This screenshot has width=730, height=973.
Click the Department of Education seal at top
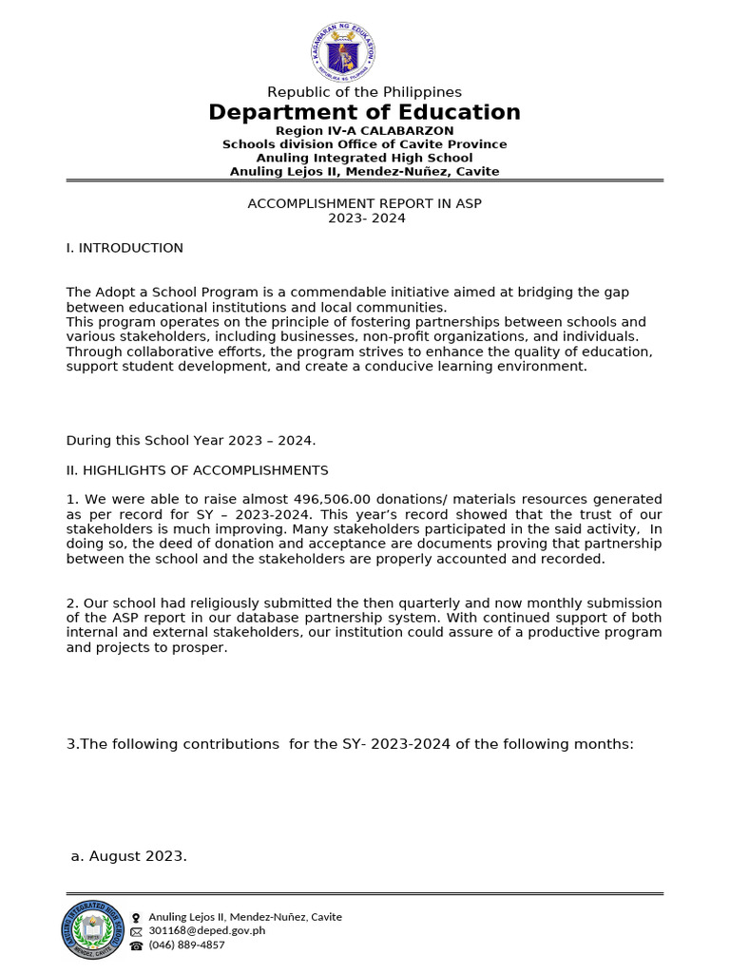[x=342, y=52]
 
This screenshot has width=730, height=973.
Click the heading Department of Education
[x=364, y=112]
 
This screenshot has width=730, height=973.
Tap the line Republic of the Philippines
[x=364, y=92]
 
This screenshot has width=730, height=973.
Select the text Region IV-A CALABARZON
[x=364, y=130]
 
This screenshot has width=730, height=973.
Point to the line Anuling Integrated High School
[x=364, y=158]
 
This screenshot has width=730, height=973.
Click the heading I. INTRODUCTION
[x=125, y=248]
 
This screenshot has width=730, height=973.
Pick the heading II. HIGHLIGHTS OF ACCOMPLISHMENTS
[x=197, y=470]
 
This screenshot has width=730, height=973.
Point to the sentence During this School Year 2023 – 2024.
[x=190, y=441]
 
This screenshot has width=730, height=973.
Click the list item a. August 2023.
[x=129, y=856]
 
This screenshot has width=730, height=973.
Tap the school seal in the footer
[x=92, y=929]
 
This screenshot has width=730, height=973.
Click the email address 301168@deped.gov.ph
[x=206, y=930]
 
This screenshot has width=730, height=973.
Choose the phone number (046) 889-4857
[x=186, y=944]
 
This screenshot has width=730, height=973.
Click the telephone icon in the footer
[x=136, y=945]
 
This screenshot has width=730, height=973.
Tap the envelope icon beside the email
[x=136, y=931]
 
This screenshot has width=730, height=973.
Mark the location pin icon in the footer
[x=136, y=917]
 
